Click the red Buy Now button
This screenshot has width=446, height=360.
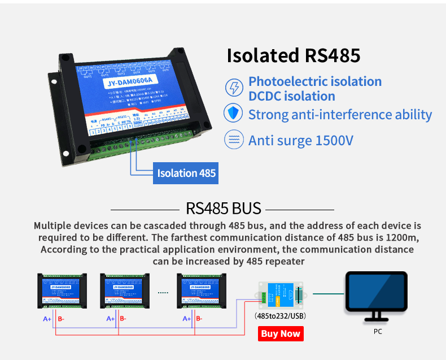pos(281,333)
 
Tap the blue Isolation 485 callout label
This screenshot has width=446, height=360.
pos(186,173)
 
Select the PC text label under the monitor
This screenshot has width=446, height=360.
pos(378,332)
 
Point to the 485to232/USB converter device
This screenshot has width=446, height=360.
pos(280,295)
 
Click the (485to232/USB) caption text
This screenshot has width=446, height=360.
pos(281,316)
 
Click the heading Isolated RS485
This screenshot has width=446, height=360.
pos(293,55)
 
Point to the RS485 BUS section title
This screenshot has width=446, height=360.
pos(224,208)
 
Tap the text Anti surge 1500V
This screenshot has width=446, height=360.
pos(301,140)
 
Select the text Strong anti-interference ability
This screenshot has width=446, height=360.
pos(340,115)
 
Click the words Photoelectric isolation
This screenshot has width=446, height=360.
pos(315,81)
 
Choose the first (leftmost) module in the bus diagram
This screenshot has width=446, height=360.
pos(62,291)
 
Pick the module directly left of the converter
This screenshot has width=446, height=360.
pos(200,291)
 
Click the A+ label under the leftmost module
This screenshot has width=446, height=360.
pos(47,319)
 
